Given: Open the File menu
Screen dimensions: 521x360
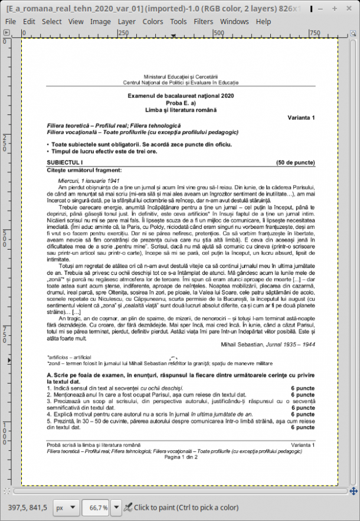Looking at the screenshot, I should click(x=10, y=21).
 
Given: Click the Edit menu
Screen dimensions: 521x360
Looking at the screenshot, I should click(x=29, y=21).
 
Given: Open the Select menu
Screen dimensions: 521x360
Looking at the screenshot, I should click(x=51, y=21).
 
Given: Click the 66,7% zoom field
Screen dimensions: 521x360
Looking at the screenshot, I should click(x=98, y=507).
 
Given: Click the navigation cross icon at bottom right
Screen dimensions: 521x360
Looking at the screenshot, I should click(x=354, y=490).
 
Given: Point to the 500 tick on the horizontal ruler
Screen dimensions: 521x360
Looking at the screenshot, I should click(x=218, y=32).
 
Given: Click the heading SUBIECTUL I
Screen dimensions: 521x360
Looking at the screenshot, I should click(x=65, y=162).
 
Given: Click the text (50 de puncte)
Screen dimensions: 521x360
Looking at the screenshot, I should click(x=295, y=162).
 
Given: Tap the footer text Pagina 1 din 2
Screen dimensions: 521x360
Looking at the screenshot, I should click(x=181, y=457).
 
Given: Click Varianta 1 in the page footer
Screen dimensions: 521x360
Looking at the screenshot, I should click(x=303, y=444).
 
